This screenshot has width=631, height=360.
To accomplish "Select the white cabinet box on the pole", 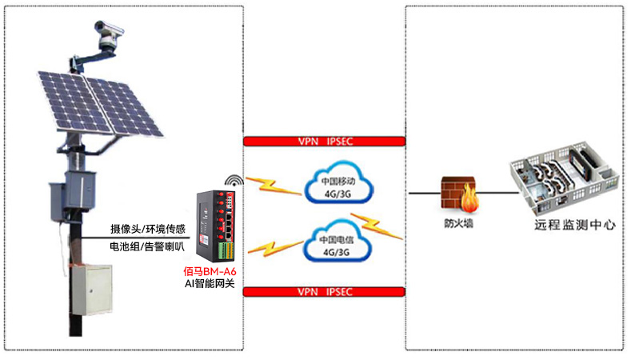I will coord(90,289).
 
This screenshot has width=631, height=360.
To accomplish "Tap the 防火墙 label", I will coord(458,225).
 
